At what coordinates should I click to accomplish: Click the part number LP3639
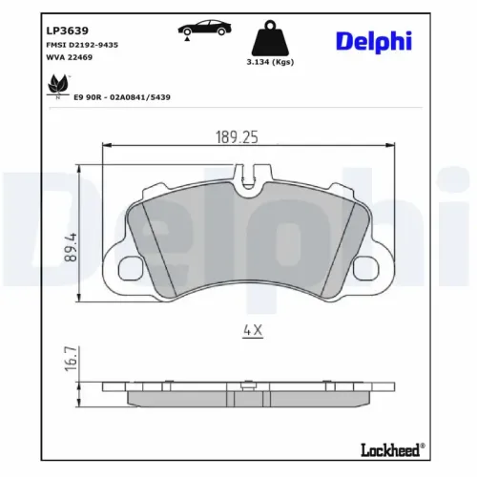pyautogui.click(x=64, y=29)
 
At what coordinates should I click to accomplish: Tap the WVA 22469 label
pyautogui.click(x=68, y=57)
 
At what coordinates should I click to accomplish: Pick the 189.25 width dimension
pyautogui.click(x=237, y=138)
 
